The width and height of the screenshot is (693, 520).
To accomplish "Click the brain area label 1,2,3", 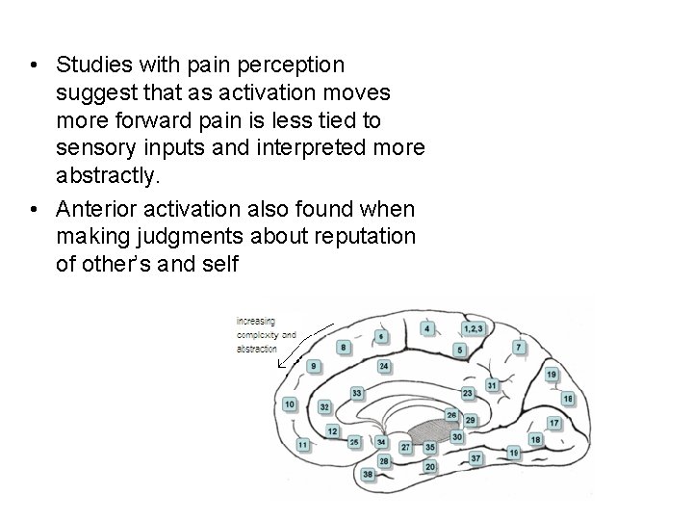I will (475, 328).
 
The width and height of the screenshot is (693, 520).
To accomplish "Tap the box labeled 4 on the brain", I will (427, 328).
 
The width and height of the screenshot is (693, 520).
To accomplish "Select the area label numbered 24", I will (384, 367).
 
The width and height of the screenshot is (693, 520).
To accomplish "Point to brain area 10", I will (290, 404).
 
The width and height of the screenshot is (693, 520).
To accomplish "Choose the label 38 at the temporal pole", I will (368, 474).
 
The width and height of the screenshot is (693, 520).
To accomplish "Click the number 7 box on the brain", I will (519, 346).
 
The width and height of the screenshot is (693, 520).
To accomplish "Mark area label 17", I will (554, 423).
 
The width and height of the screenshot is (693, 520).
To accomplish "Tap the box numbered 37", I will (475, 458).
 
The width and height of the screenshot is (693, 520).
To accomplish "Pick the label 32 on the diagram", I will (324, 407).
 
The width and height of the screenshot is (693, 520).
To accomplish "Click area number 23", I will (468, 393).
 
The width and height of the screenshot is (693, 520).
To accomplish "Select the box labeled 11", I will (303, 445).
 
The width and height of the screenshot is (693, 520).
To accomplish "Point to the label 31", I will (492, 385).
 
